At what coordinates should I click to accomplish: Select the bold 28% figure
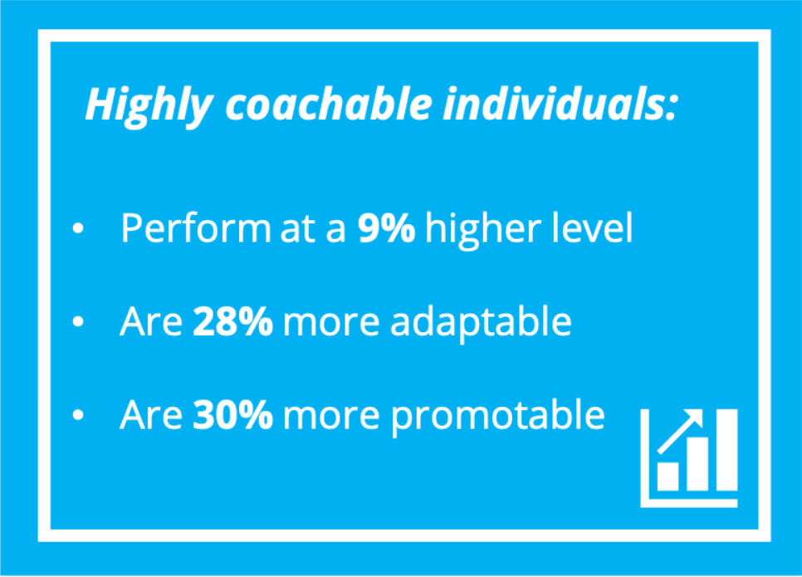pos(232,322)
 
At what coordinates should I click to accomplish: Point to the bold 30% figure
pos(233,416)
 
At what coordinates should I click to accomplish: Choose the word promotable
pos(498,416)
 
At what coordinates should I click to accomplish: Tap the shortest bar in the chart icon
pos(668,475)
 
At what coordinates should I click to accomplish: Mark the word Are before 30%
pos(151,416)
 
